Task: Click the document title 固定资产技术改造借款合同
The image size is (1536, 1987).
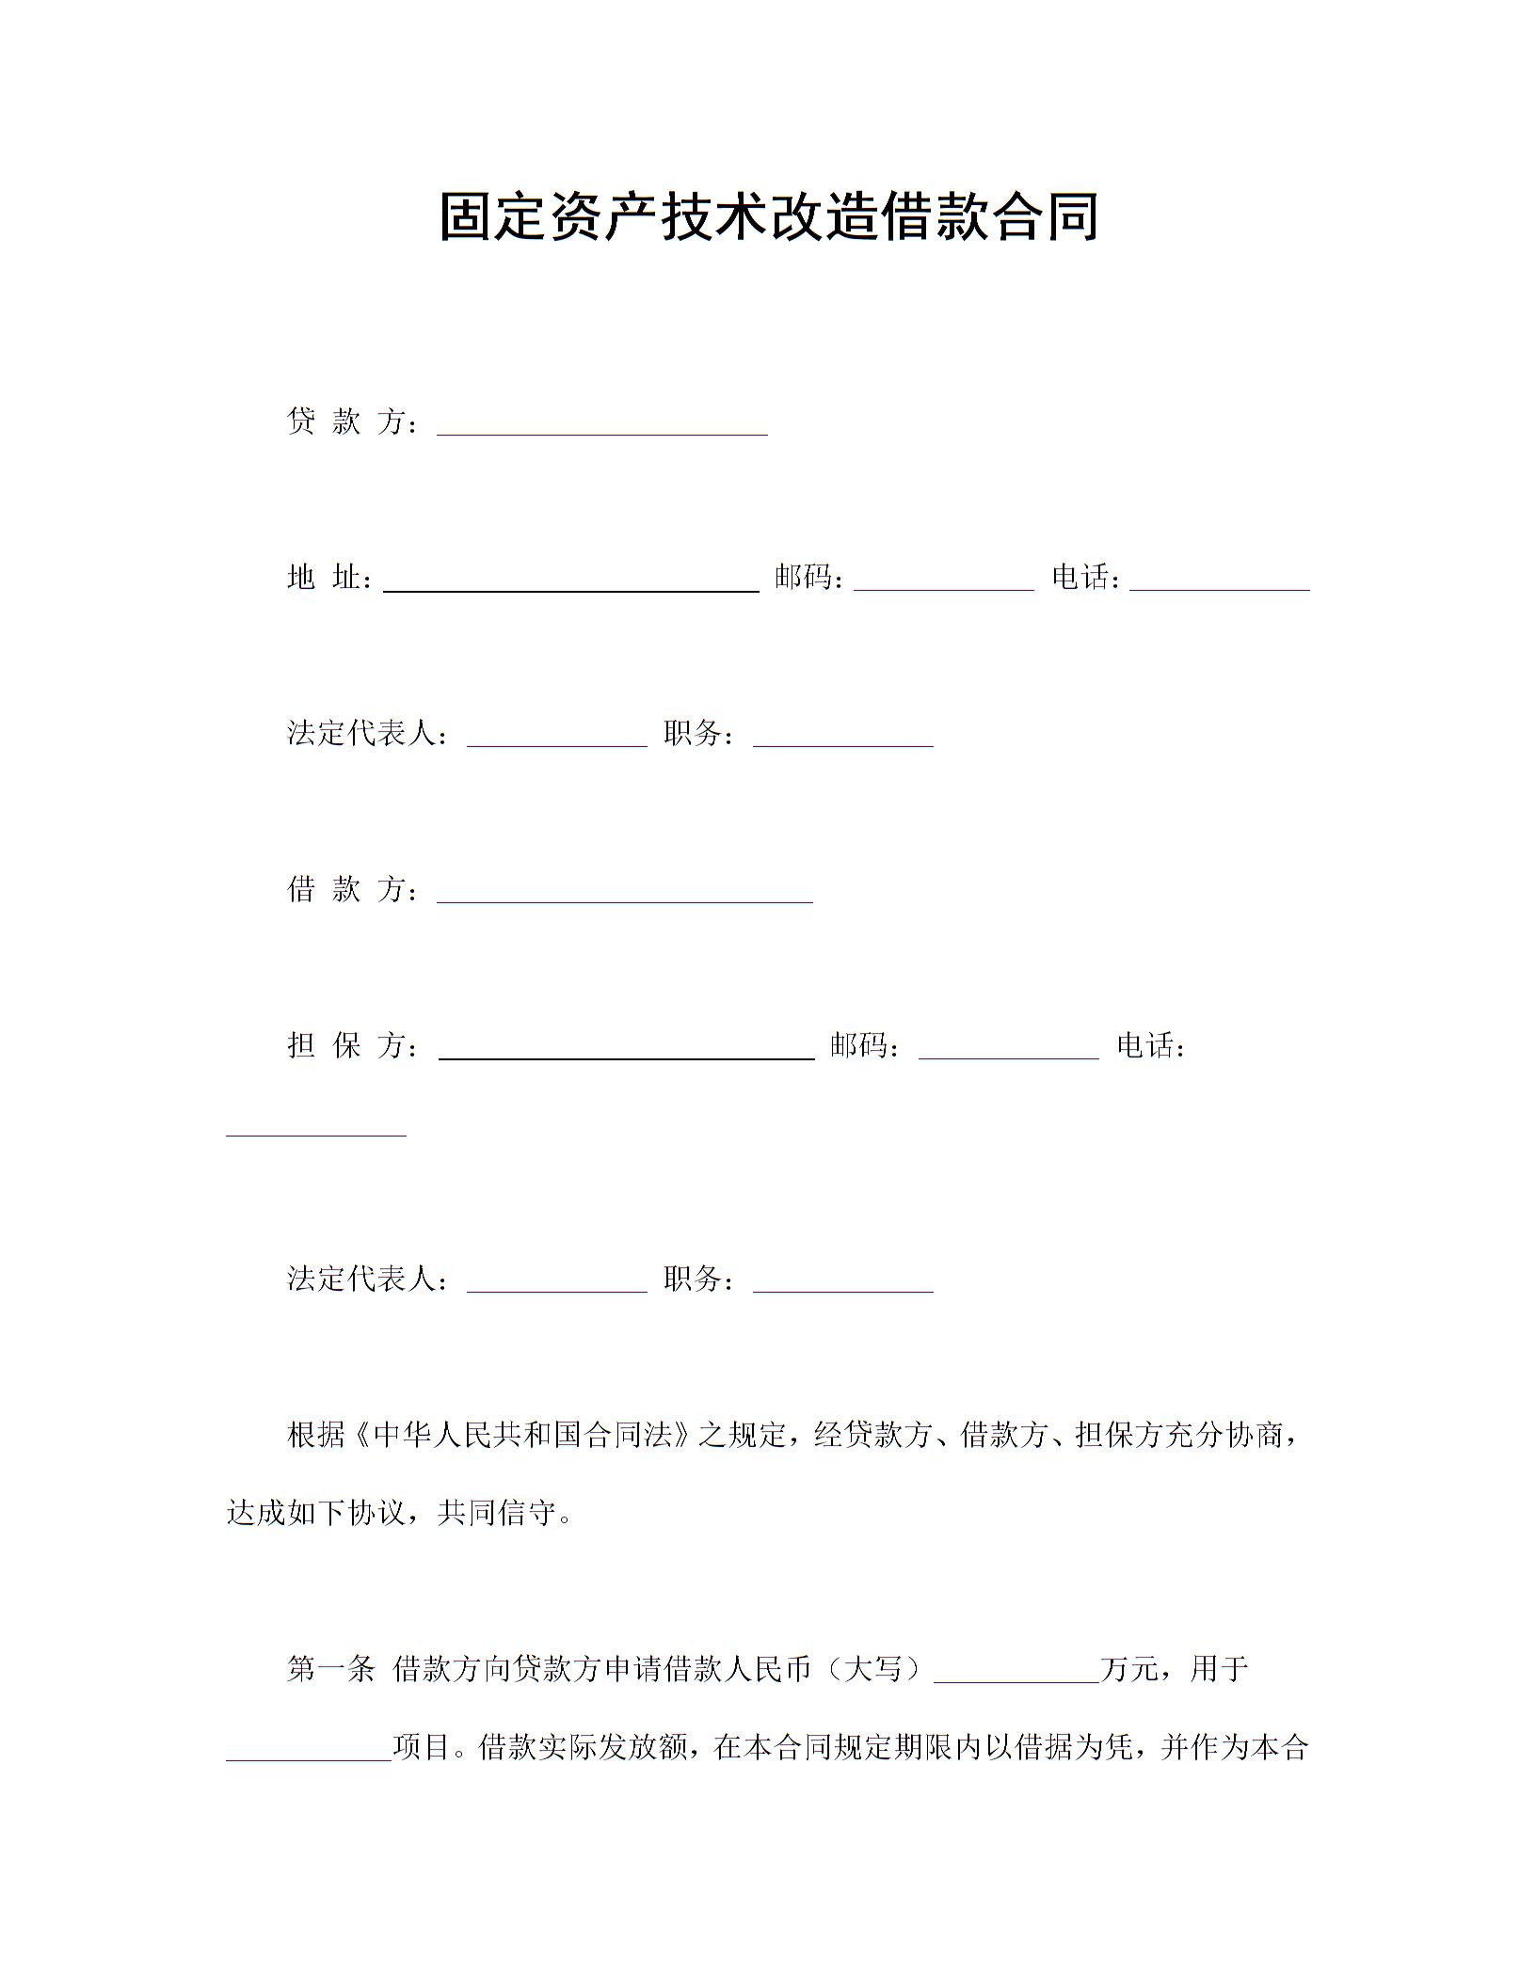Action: tap(768, 218)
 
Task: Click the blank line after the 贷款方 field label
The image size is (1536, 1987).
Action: tap(602, 425)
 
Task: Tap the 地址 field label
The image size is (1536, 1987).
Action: tap(326, 578)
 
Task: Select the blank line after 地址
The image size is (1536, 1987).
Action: tap(571, 581)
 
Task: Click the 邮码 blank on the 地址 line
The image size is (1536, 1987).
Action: tap(944, 580)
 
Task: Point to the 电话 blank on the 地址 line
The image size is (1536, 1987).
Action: tap(1220, 580)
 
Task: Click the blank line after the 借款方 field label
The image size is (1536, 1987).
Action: tap(625, 892)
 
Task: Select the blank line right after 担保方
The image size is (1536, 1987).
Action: tap(627, 1049)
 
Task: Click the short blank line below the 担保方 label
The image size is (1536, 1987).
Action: tap(316, 1126)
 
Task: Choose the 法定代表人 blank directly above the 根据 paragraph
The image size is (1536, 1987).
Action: tap(557, 1282)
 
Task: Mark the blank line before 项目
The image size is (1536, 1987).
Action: tap(309, 1751)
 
